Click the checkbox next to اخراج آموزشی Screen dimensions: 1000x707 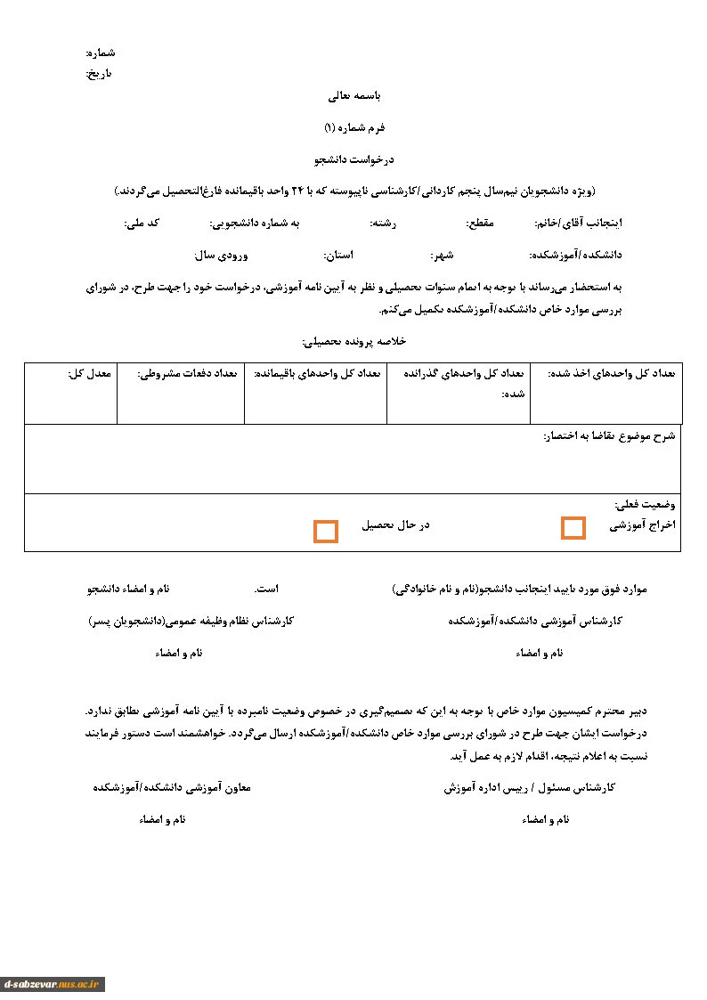click(573, 528)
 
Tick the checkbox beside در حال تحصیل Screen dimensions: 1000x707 click(326, 532)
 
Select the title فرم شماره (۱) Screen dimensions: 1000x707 click(354, 127)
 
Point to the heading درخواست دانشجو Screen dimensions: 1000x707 click(354, 159)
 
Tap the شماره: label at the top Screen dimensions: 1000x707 click(101, 53)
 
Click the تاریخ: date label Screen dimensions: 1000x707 click(99, 73)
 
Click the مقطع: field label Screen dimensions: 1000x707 click(479, 223)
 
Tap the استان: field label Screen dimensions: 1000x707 click(338, 255)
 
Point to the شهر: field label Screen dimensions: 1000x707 click(443, 255)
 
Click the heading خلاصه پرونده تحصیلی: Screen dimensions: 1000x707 click(354, 341)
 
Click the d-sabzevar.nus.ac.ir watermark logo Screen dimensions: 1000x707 click(53, 984)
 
